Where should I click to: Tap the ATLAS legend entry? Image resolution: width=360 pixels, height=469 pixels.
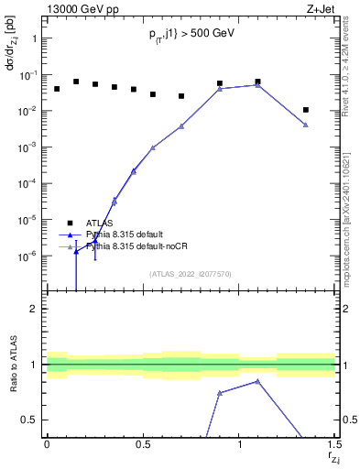tap(101, 223)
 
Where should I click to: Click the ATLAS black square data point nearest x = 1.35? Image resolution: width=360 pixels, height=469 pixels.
tap(306, 110)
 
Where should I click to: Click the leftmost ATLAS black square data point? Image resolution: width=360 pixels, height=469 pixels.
tap(57, 89)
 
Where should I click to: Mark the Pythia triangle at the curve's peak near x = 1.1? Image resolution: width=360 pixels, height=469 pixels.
tap(258, 85)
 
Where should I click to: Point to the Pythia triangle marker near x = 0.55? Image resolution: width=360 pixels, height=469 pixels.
tap(153, 147)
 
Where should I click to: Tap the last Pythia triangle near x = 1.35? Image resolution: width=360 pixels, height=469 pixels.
tap(306, 125)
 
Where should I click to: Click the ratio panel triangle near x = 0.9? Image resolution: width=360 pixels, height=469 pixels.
tap(220, 393)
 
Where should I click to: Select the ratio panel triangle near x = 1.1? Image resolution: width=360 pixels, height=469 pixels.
tap(258, 381)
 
